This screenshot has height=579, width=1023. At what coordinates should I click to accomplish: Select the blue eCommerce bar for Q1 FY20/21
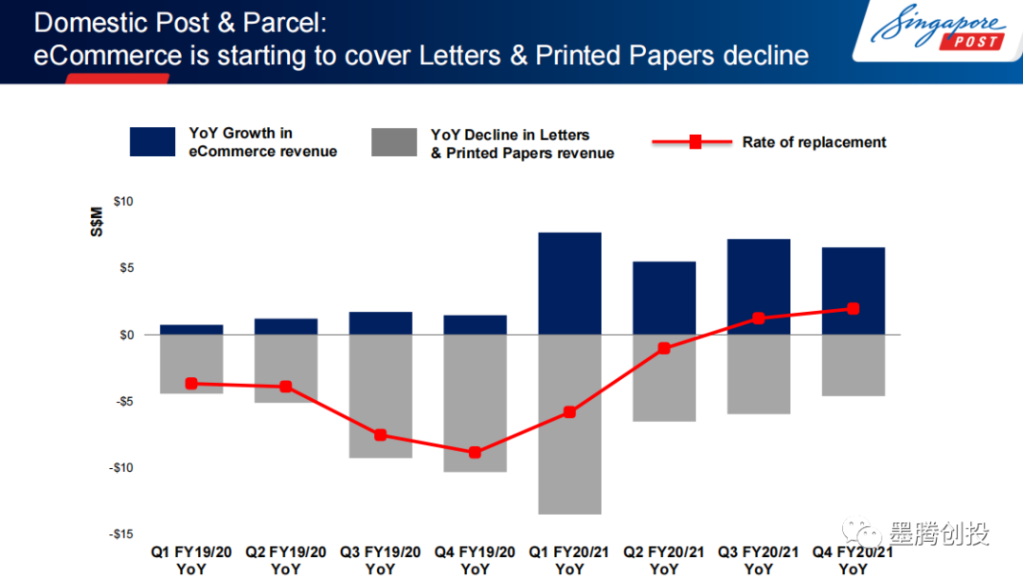pos(569,283)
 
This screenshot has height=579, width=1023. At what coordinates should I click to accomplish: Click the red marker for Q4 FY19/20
pos(475,452)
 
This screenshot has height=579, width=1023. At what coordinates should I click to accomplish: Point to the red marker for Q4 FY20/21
pos(853,308)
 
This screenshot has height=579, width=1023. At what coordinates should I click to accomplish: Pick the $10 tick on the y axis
pos(123,202)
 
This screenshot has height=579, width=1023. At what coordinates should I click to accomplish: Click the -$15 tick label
pos(120,534)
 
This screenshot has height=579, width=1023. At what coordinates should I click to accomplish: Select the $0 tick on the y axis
pos(126,335)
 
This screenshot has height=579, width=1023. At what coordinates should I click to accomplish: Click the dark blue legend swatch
pos(153,142)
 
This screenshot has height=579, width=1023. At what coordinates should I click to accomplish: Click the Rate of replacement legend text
pos(814,142)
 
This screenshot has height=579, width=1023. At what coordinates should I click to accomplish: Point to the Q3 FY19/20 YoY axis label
pos(380,560)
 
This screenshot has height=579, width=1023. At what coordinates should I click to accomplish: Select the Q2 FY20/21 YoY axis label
pos(664,560)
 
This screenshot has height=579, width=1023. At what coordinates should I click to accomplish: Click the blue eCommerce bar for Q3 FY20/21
pos(759,286)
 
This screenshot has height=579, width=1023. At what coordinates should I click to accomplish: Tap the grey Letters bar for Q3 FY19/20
pos(380,396)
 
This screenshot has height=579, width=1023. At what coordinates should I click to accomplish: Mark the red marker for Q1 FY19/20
pos(191,383)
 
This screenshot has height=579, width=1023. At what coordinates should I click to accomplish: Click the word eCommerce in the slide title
pos(107,55)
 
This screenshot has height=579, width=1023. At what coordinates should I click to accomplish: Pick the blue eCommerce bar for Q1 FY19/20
pos(191,330)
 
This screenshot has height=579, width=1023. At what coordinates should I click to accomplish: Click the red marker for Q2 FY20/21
pos(664,348)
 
